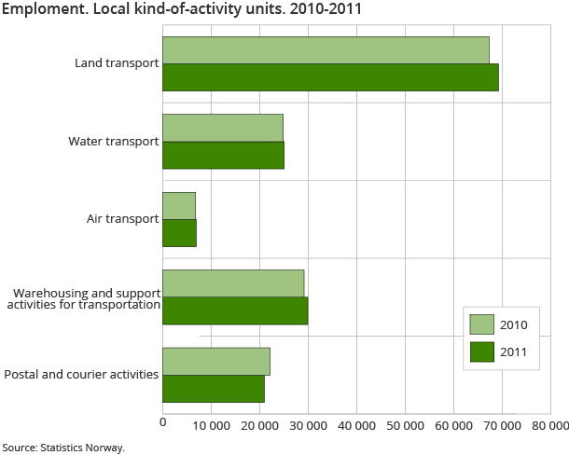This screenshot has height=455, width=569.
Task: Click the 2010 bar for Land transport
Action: point(326,50)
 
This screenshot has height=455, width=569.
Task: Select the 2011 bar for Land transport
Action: point(330,77)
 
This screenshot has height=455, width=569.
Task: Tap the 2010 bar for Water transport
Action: point(223,128)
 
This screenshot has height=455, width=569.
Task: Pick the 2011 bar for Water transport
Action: point(223,155)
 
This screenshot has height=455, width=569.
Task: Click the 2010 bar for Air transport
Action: point(179,205)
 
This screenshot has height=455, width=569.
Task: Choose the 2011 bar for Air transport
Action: point(179,232)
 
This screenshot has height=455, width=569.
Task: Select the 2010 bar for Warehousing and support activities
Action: point(233,283)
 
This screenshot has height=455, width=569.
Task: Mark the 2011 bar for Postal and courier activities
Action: point(214,388)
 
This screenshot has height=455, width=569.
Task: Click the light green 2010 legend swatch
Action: point(481,324)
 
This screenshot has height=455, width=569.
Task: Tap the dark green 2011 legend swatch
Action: point(481,351)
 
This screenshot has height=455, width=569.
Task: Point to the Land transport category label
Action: point(117,63)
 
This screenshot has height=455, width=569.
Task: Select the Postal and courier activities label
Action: point(81,375)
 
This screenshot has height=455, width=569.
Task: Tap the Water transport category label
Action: point(113,142)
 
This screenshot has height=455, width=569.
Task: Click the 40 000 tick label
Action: point(357,425)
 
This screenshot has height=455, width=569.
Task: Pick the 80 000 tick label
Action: point(548,425)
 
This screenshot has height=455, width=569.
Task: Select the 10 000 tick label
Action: point(212,425)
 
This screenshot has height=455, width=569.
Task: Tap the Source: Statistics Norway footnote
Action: point(63,447)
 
